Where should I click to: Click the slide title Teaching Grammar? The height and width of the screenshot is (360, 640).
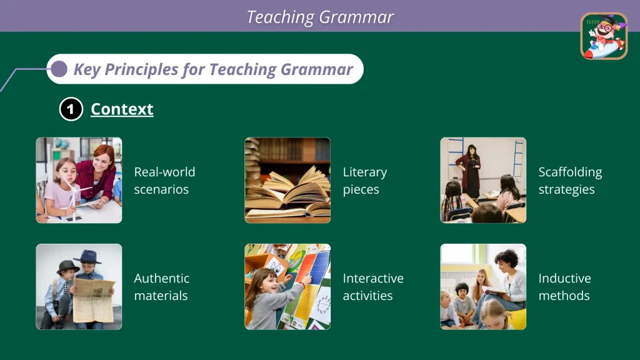(x=320, y=17)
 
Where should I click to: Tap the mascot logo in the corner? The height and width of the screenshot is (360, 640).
(x=604, y=36)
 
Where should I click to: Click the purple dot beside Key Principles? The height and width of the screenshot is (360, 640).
(x=59, y=69)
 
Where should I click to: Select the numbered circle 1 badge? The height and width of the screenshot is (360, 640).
(x=71, y=109)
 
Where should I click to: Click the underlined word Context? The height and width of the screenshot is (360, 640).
(x=122, y=109)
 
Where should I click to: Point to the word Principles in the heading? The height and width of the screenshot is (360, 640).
(x=141, y=69)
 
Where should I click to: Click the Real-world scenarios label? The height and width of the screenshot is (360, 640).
(x=164, y=181)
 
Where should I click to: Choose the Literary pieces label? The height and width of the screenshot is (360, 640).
(x=365, y=181)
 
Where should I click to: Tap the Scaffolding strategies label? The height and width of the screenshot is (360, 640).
(x=570, y=181)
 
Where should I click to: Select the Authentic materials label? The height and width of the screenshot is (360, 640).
(x=162, y=286)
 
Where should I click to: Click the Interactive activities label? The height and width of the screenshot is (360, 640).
(x=373, y=286)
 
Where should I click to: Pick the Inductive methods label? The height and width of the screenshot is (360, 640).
(x=564, y=286)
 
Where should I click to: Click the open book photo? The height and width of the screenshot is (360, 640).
(x=287, y=181)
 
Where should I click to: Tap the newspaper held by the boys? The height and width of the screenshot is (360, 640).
(x=94, y=299)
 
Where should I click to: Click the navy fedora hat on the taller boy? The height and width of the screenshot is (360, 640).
(x=87, y=257)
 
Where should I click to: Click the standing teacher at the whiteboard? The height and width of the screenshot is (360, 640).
(x=471, y=171)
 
